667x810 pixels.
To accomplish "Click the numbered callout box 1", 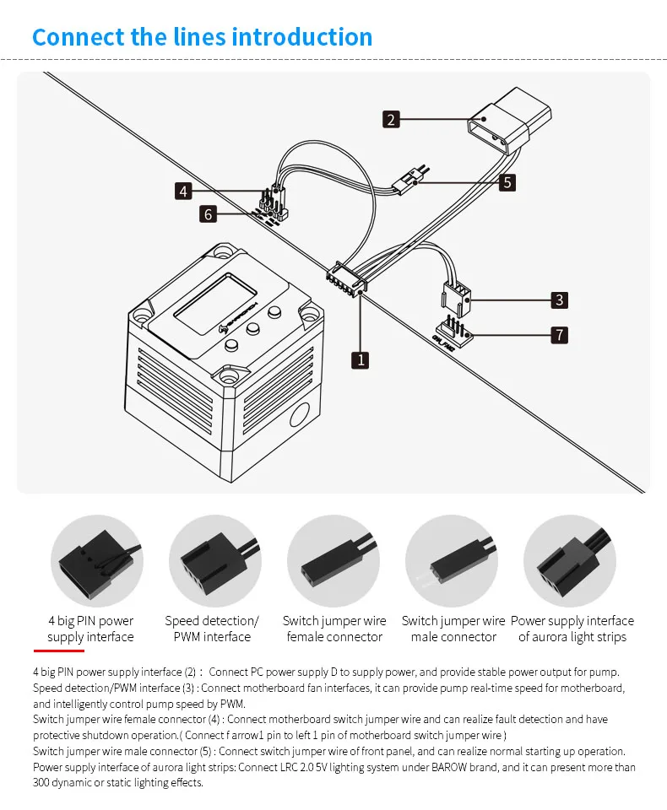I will (361, 359).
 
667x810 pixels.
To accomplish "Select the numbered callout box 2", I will (390, 119).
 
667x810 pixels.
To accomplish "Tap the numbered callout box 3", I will (558, 300).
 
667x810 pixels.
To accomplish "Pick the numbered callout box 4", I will (184, 191).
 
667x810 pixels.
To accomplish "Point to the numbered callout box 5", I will (507, 181).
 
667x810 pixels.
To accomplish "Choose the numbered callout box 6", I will (208, 214).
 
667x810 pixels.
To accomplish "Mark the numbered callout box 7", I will (558, 335).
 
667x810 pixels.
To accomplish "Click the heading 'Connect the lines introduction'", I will (202, 37).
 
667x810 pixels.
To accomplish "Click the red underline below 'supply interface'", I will (58, 651).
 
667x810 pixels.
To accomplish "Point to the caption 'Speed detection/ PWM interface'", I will (212, 629).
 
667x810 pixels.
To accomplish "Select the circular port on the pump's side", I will (299, 417).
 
